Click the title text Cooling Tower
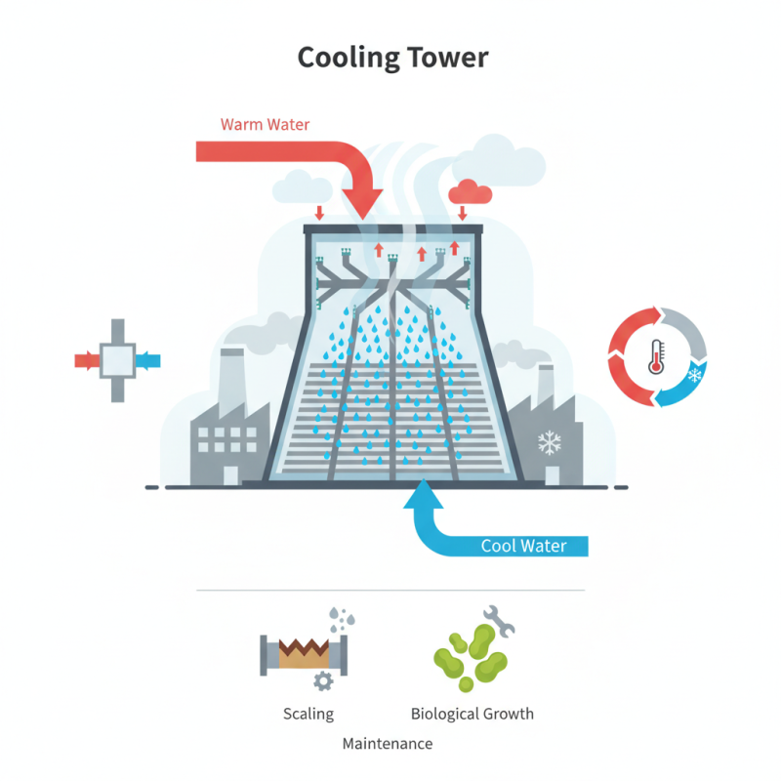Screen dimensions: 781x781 point(391,58)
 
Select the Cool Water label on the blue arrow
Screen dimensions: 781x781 point(523,546)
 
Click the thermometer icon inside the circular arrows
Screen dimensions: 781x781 point(655,356)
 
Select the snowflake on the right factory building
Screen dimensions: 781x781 point(551,444)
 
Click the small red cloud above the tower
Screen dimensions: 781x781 point(471,191)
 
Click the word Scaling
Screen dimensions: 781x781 point(308,714)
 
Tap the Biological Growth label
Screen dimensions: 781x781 point(473,714)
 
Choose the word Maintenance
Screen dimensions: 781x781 point(388,744)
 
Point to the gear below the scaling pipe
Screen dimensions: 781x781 point(321,679)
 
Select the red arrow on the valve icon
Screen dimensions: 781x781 point(87,360)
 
